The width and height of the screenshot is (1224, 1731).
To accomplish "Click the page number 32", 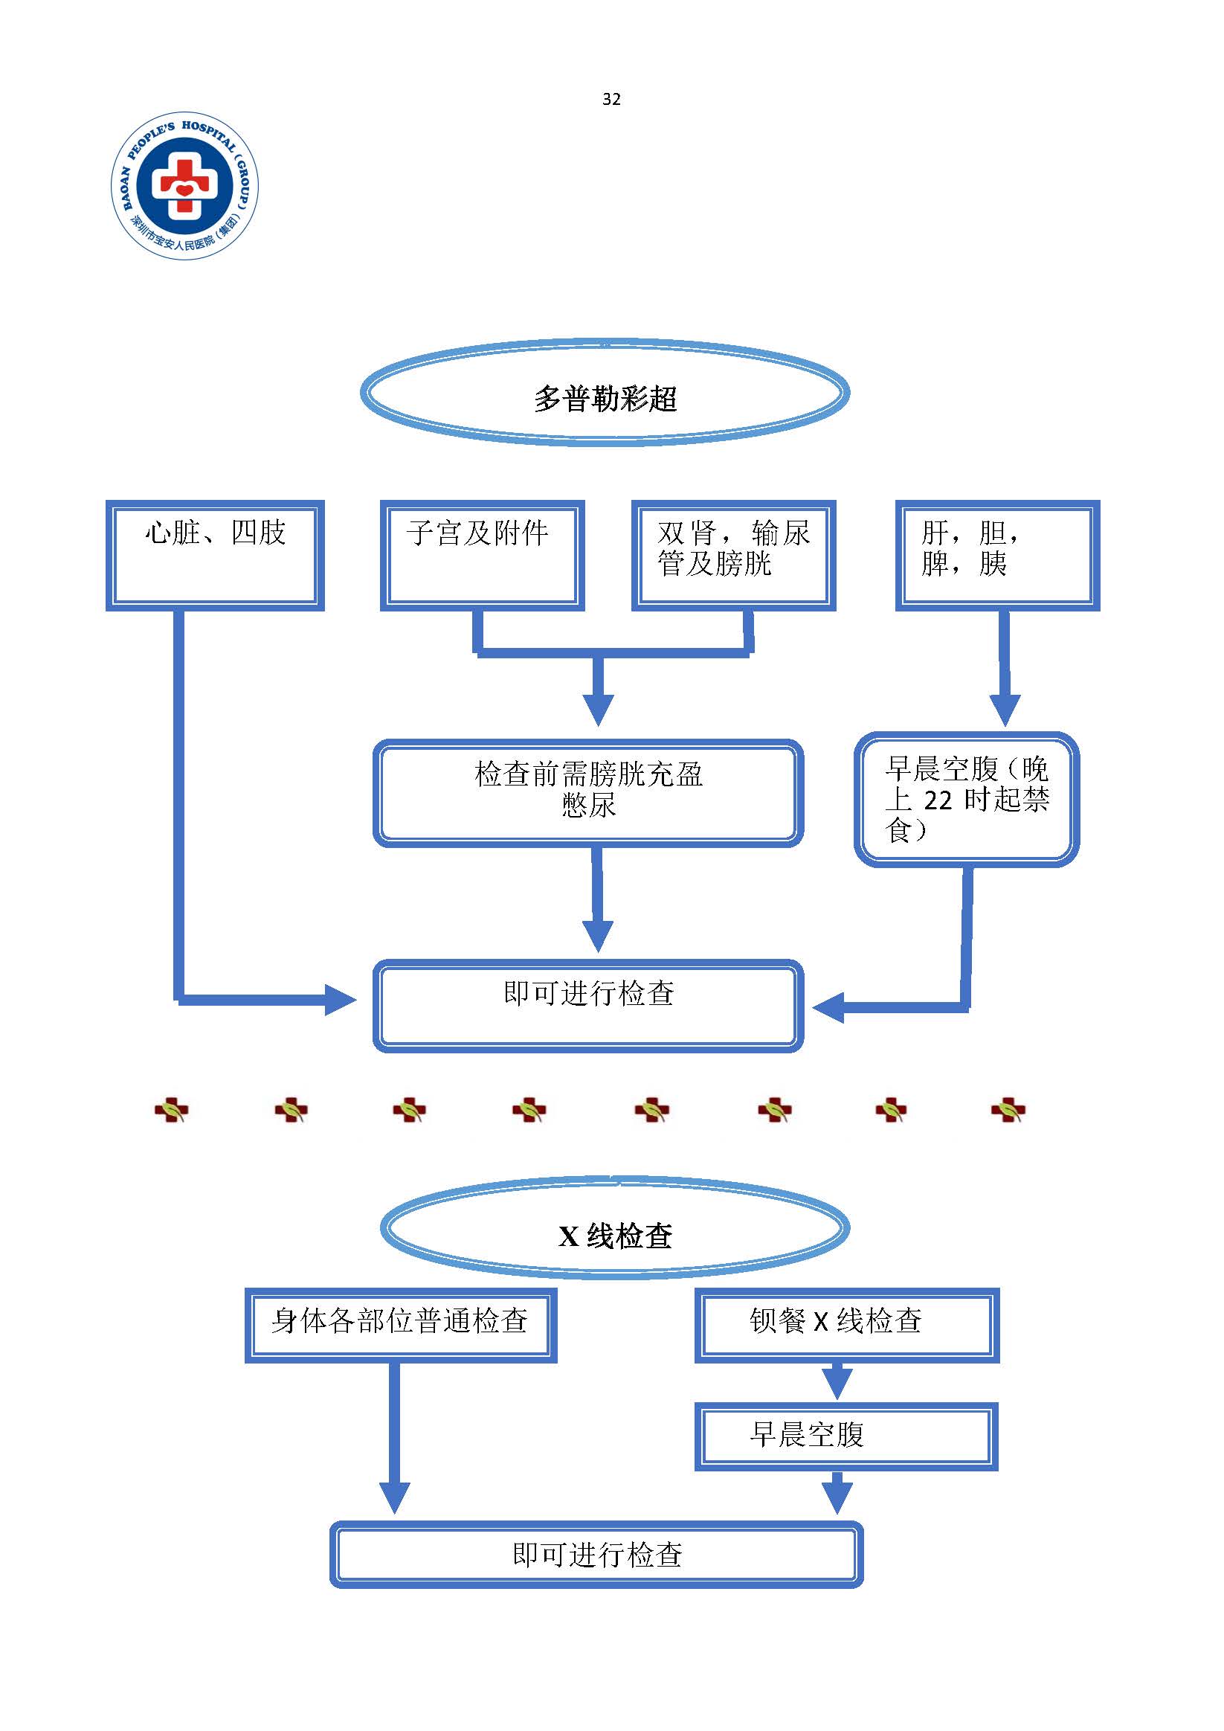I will pyautogui.click(x=611, y=99).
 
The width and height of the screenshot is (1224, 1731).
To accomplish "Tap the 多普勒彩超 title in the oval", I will pyautogui.click(x=605, y=398).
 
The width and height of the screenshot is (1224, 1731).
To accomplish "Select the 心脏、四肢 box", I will pyautogui.click(x=215, y=555).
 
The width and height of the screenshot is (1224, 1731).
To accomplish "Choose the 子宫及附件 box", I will pyautogui.click(x=483, y=555).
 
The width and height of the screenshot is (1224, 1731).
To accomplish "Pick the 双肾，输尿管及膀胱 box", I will pyautogui.click(x=733, y=555).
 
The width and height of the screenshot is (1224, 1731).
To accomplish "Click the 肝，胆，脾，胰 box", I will pyautogui.click(x=997, y=555).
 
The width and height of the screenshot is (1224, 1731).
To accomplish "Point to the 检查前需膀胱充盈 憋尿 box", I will pyautogui.click(x=588, y=792).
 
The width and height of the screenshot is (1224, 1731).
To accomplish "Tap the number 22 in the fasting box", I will pyautogui.click(x=938, y=800).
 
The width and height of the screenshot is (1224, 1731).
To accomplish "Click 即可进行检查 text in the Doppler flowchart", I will pyautogui.click(x=589, y=993).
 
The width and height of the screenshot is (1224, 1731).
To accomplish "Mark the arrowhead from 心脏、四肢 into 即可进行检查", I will pyautogui.click(x=340, y=1000).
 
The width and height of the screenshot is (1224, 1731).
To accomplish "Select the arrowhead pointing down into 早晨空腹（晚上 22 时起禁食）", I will pyautogui.click(x=1004, y=710).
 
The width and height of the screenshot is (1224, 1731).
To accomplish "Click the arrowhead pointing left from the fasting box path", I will pyautogui.click(x=828, y=1007).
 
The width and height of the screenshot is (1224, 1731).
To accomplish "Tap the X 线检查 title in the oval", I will pyautogui.click(x=615, y=1236).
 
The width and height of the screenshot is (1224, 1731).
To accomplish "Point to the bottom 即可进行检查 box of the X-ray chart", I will pyautogui.click(x=596, y=1554).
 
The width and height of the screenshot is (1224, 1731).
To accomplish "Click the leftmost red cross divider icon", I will pyautogui.click(x=171, y=1111).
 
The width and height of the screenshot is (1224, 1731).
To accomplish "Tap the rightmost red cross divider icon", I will pyautogui.click(x=1008, y=1111).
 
